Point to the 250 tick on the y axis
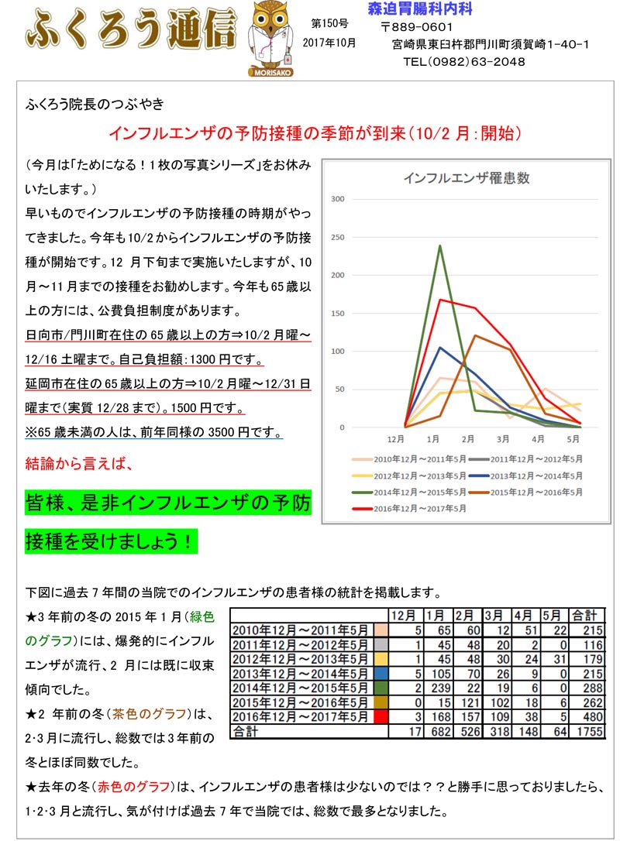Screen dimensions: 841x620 coord(338,237)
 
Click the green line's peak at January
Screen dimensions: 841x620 coord(440,246)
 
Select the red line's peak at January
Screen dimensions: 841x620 coord(440,300)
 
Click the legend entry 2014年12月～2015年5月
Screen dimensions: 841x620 coord(415,492)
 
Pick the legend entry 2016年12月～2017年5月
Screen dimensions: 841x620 coord(415,508)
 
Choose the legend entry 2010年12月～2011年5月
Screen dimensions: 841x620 coord(415,459)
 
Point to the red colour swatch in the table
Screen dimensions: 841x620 coord(379,717)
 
